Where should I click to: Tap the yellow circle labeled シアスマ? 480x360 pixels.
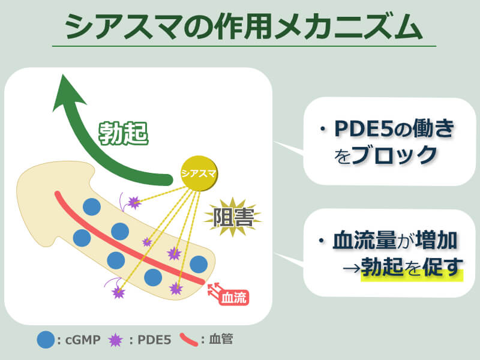(x=200, y=175)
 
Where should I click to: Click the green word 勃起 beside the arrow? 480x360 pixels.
(x=122, y=133)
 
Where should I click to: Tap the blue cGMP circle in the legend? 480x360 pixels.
(x=46, y=340)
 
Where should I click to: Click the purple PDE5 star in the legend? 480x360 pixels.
(x=115, y=340)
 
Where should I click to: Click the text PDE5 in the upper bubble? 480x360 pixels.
(x=362, y=128)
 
